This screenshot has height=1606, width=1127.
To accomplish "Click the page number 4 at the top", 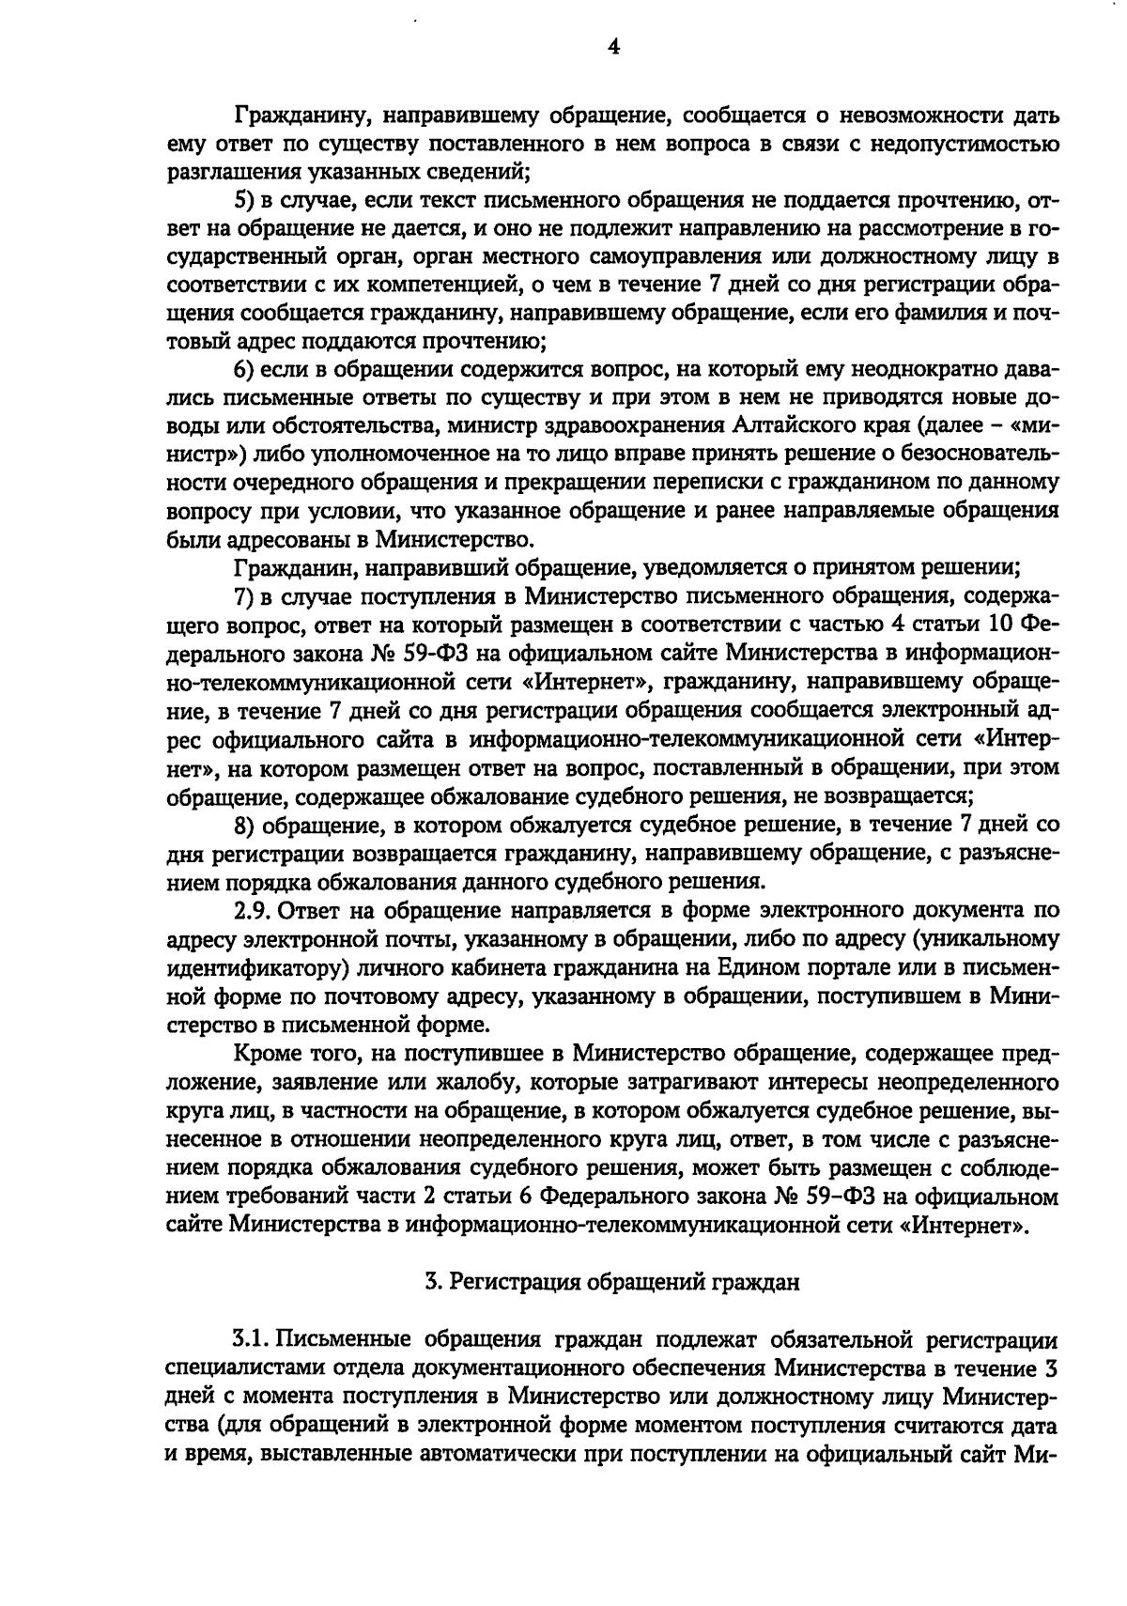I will pos(612,46).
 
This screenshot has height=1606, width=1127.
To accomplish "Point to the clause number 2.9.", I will pos(251,910).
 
